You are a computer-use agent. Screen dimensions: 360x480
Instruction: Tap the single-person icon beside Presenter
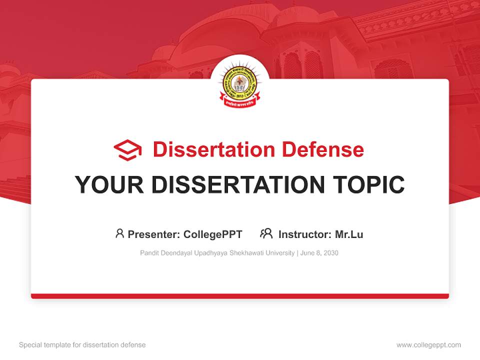(119, 233)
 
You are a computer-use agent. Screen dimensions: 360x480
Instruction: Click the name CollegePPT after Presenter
(212, 234)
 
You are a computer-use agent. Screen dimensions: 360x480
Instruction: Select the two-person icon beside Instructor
(266, 233)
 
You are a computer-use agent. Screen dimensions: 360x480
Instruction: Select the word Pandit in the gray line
(149, 253)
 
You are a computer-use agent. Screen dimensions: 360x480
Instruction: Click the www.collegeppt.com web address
(428, 345)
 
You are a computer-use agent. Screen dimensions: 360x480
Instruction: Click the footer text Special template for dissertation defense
(82, 345)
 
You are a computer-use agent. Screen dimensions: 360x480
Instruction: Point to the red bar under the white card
(240, 296)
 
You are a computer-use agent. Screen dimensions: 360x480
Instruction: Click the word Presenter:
(154, 234)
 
